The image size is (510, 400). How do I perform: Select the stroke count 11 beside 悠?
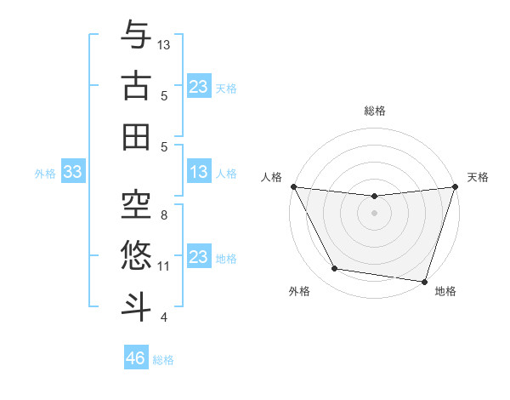click(x=164, y=266)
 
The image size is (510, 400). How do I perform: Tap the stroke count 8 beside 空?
click(x=164, y=215)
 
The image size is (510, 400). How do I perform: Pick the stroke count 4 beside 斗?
click(x=164, y=317)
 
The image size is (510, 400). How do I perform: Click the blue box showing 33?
click(x=72, y=173)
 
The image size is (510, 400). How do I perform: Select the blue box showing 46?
click(x=136, y=358)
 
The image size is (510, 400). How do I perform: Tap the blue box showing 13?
click(x=199, y=173)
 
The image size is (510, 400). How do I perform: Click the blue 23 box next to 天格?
click(x=199, y=86)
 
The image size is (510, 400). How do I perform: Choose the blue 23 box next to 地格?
click(x=199, y=257)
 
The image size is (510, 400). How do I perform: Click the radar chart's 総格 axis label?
click(x=375, y=111)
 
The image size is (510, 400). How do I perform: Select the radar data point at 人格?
click(x=293, y=186)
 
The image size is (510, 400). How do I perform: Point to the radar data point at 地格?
click(x=425, y=281)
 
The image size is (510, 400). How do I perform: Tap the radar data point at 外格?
click(x=335, y=269)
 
